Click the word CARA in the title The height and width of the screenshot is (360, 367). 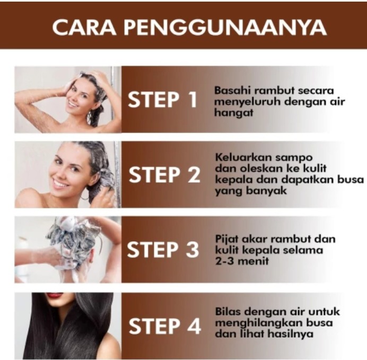[84, 28]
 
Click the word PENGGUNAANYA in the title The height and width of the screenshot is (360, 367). [225, 28]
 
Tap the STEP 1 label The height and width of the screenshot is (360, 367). [162, 100]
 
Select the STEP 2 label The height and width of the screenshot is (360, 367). [164, 175]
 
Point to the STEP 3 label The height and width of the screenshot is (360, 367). [163, 249]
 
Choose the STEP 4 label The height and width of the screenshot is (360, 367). [165, 326]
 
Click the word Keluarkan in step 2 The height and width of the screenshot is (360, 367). [243, 157]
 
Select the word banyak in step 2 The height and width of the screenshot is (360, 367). [266, 191]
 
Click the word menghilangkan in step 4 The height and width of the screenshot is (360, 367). [259, 323]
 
